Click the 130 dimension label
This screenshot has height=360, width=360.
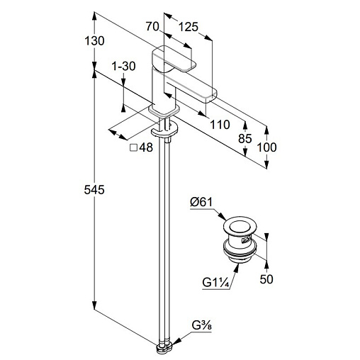pos(94,41)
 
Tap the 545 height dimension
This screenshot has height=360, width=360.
pos(94,190)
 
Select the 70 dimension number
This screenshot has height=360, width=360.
pos(152,26)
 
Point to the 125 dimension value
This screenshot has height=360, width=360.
pos(188,27)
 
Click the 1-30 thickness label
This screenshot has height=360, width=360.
pos(123,66)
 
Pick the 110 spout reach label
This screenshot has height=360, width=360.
pos(220,125)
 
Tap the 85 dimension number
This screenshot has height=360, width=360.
pos(245,139)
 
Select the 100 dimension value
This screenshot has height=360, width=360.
pos(266,147)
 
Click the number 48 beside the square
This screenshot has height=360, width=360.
pos(146,147)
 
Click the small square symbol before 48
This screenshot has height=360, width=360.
pos(134,147)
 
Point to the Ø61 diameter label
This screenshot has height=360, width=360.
pos(201,203)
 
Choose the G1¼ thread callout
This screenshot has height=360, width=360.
pos(216,283)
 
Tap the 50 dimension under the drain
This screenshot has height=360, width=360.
pos(266,279)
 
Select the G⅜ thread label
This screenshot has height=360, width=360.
pos(201,326)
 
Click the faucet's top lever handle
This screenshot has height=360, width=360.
pos(174,60)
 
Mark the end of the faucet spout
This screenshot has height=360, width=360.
pos(211,96)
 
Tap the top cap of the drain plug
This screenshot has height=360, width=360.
pos(239,227)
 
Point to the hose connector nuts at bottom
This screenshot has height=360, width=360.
pos(164,347)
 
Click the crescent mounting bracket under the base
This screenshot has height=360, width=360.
pos(164,130)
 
